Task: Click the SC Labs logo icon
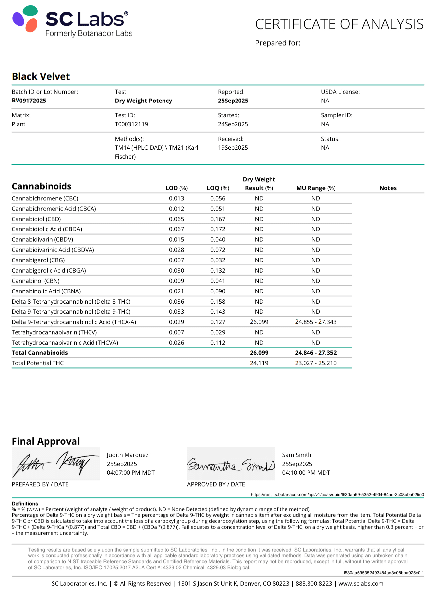coord(25,19)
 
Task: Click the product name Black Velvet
coord(41,77)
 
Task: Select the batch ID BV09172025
coord(29,101)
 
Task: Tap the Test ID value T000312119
coord(131,124)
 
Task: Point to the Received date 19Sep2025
coord(233,148)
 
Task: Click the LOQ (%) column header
coord(218,188)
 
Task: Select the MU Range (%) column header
coord(316,188)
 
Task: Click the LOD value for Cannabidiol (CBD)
coord(177,219)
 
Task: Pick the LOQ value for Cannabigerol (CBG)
coord(218,260)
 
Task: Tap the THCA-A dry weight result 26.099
coord(259,322)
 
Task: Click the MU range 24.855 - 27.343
coord(316,322)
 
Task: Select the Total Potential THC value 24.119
coord(259,363)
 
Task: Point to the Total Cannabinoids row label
coord(40,353)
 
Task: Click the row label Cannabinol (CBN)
coord(36,281)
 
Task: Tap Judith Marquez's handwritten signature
coord(55,464)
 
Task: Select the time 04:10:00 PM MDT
coord(306,473)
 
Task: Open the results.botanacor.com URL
coord(337,495)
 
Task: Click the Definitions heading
coord(25,504)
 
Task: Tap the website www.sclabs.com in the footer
coord(361,584)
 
